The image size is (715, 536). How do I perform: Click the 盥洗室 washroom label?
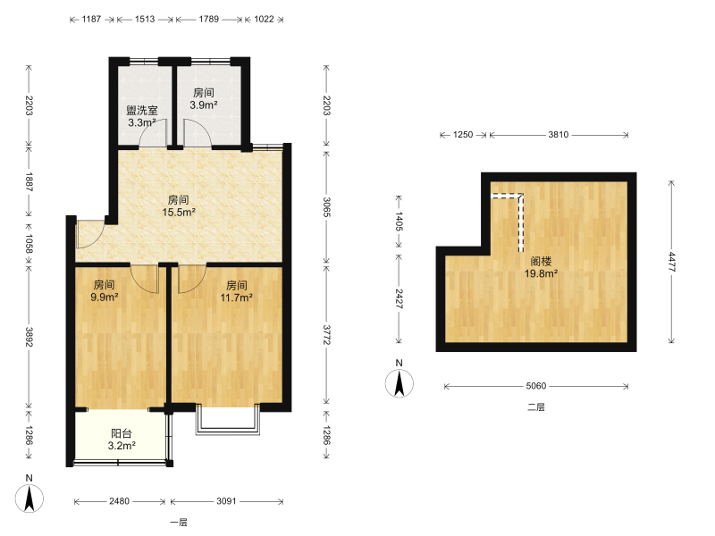[142, 110]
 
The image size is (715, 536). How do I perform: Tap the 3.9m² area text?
[204, 105]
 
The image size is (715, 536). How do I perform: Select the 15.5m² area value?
[179, 212]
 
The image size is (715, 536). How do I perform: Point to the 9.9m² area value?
[105, 297]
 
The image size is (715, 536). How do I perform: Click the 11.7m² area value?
[236, 297]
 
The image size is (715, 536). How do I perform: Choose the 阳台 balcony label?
[122, 433]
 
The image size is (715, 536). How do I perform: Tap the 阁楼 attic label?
[542, 261]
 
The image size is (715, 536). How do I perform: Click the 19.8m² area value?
[542, 273]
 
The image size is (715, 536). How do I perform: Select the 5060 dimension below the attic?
[535, 386]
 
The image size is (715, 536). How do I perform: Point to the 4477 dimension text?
[671, 262]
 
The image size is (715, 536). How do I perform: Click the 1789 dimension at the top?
[208, 19]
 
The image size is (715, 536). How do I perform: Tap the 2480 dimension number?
[119, 501]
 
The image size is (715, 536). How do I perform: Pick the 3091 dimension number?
[226, 501]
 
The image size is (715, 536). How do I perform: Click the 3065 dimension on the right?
[326, 207]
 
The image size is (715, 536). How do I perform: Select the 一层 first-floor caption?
[179, 523]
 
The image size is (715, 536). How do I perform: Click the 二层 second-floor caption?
[536, 407]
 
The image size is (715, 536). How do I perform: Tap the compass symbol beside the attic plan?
[400, 383]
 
